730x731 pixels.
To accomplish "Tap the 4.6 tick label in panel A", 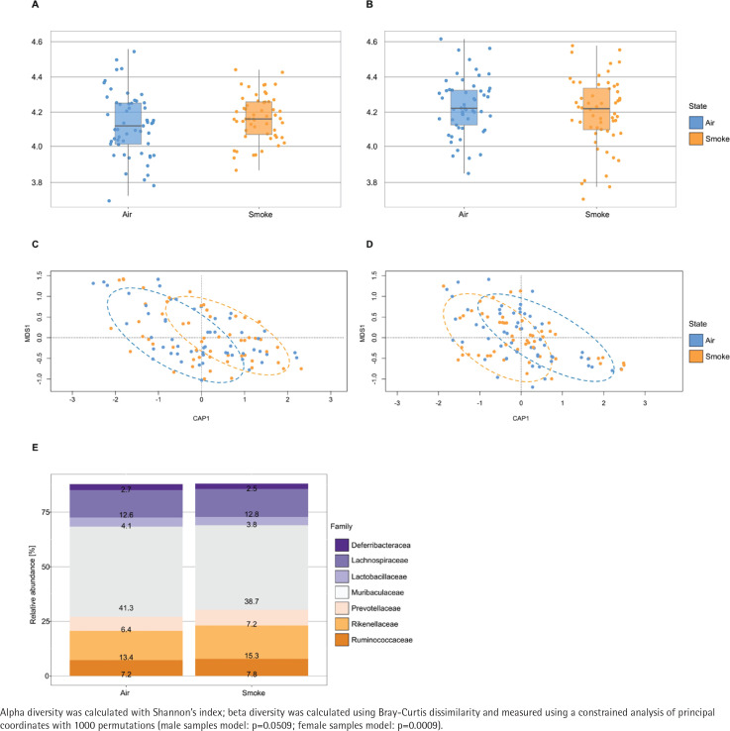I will pos(36,43).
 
